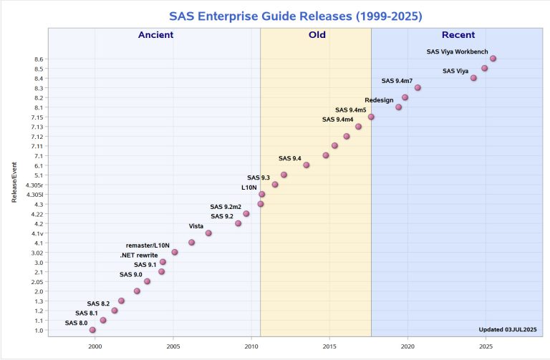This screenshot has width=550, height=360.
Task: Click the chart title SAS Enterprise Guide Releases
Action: (275, 15)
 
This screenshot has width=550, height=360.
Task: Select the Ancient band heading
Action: (155, 35)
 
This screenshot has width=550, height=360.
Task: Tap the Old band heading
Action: (316, 35)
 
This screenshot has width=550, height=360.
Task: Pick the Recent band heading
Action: (458, 35)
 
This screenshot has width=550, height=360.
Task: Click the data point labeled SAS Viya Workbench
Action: (493, 59)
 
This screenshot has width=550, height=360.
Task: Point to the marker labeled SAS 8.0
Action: (92, 330)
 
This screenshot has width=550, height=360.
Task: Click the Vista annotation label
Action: (196, 226)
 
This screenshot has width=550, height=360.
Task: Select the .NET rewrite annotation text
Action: (139, 256)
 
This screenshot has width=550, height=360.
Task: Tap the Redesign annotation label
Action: (379, 100)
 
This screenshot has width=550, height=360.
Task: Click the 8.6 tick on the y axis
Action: (39, 59)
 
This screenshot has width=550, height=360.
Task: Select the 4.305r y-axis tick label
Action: (34, 185)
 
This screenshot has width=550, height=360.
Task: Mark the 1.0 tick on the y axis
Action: (39, 331)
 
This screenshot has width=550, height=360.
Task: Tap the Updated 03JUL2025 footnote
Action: (507, 329)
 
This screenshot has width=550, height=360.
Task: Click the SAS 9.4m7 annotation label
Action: (397, 81)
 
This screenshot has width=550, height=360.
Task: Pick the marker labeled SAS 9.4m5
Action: (371, 117)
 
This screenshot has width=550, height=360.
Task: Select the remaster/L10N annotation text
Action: (148, 245)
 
